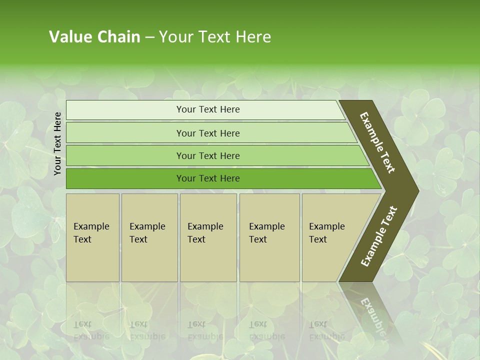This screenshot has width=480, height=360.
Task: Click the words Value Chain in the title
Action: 94,37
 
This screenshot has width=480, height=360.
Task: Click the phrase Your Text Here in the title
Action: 215,37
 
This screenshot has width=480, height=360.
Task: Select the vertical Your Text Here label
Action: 57,143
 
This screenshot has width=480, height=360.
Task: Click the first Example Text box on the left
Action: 92,237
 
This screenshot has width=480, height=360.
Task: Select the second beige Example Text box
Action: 149,237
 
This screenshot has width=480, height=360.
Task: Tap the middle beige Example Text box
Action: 208,237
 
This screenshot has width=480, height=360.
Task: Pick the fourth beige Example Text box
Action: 269,237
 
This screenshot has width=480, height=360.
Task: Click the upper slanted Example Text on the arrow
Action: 377,142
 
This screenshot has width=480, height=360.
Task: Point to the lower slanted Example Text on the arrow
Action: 379,236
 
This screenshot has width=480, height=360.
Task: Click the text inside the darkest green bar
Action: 208,178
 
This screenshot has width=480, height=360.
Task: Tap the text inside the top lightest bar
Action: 208,109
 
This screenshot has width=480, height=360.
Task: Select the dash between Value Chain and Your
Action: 149,37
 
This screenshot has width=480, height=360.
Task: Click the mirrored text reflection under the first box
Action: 91,330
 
